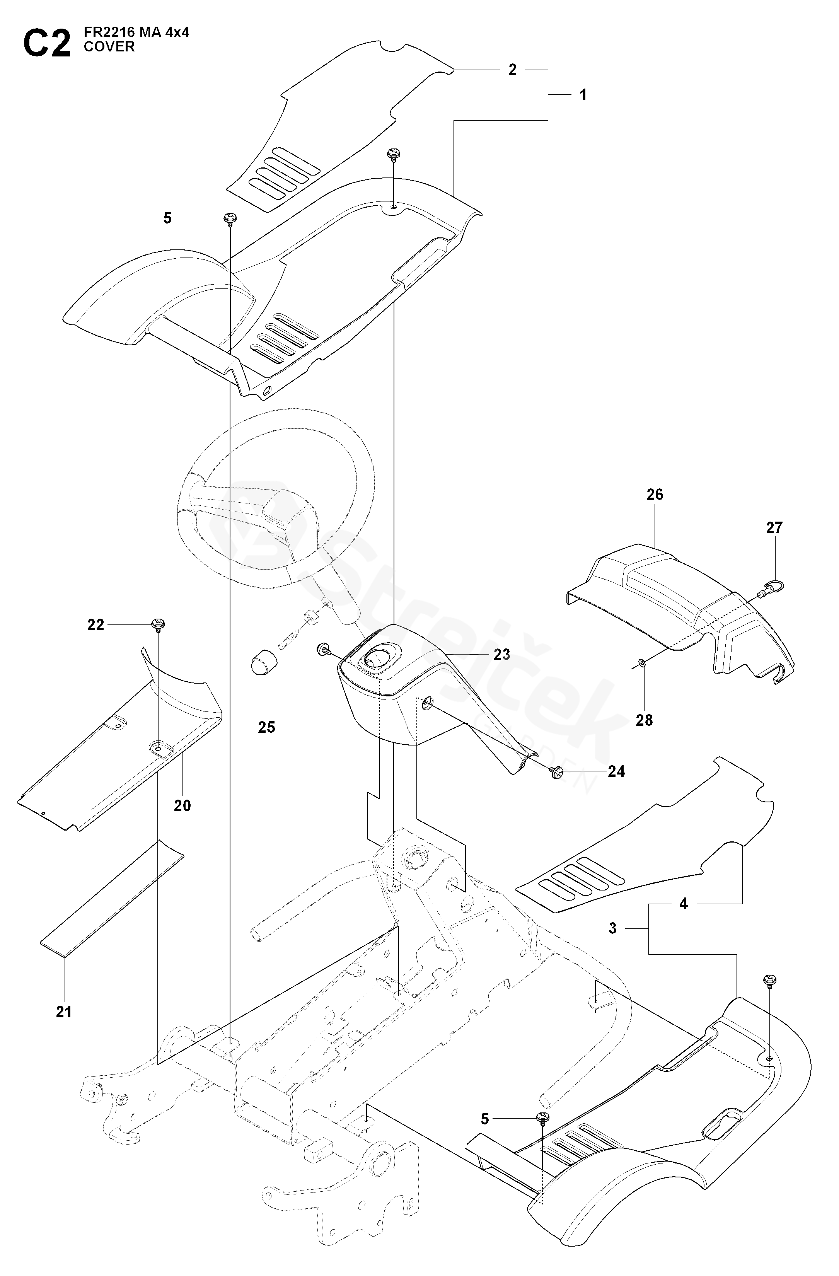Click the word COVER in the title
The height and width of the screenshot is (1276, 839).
point(109,47)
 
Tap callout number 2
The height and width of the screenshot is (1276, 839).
point(513,70)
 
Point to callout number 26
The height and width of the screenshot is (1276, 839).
point(655,494)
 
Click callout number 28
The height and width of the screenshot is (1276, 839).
point(645,720)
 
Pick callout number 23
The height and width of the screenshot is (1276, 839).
point(502,654)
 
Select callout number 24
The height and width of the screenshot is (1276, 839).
point(617,771)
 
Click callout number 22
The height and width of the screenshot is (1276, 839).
point(96,624)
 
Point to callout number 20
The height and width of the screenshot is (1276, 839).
point(182,805)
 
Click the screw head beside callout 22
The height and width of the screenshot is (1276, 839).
point(158,624)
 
